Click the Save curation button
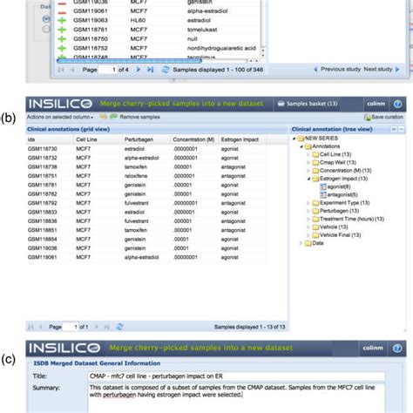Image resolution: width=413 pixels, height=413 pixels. coord(383,116)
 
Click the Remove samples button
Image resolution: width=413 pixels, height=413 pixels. coord(139,116)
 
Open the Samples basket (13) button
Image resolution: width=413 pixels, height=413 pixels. coord(305,103)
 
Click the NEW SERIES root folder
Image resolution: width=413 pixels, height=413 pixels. coord(322,139)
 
